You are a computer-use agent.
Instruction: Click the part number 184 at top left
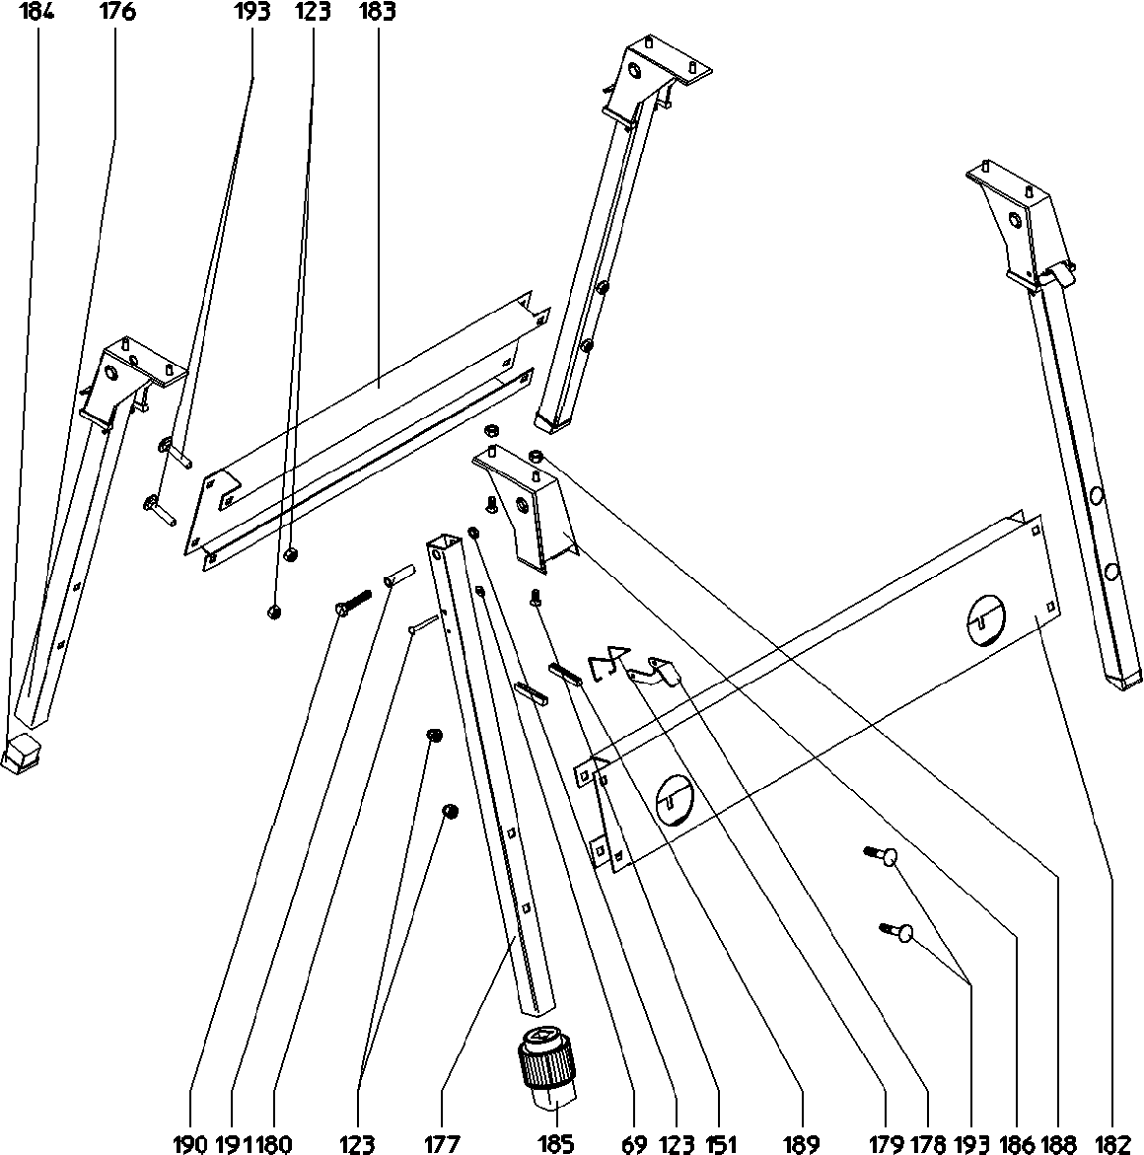tap(39, 13)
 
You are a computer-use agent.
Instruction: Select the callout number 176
tap(116, 13)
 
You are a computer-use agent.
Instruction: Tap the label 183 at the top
tap(378, 13)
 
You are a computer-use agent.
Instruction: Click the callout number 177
tap(442, 1143)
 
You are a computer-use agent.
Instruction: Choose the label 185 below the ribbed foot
tap(557, 1143)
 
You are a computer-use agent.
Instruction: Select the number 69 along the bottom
tap(634, 1143)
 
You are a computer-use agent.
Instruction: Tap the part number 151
tap(721, 1143)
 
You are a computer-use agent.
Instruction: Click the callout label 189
tap(800, 1143)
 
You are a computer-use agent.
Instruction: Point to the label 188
tap(1057, 1143)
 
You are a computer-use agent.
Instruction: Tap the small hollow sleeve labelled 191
tap(399, 574)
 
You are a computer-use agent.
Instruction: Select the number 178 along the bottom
tap(928, 1143)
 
